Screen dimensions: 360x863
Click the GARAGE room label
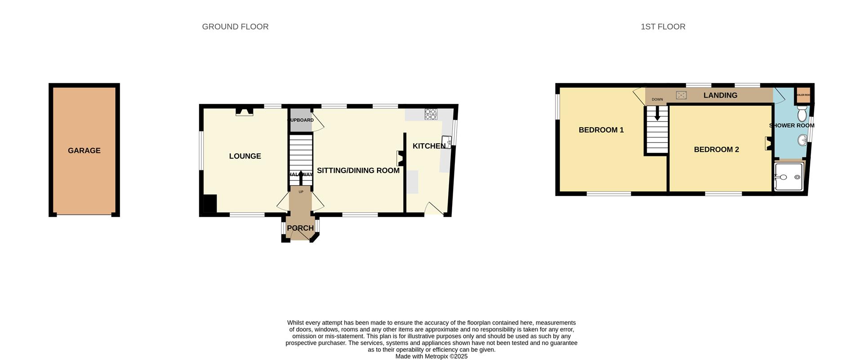[x=84, y=151]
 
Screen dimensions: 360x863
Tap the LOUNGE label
[x=245, y=156]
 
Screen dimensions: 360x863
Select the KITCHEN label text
[x=429, y=146]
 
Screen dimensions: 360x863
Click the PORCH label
[x=300, y=228]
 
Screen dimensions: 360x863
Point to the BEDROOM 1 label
[x=601, y=130]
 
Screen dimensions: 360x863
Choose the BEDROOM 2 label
[x=716, y=149]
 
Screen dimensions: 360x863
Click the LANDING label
[x=720, y=95]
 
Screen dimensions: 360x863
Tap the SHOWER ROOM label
[x=792, y=125]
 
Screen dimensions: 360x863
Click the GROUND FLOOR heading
[x=235, y=27]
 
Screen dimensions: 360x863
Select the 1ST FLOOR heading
[x=663, y=27]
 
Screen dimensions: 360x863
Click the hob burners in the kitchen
[x=431, y=114]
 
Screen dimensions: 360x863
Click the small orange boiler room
[x=803, y=94]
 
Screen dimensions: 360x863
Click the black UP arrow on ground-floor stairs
[x=301, y=177]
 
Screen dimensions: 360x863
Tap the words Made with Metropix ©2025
[x=431, y=356]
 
